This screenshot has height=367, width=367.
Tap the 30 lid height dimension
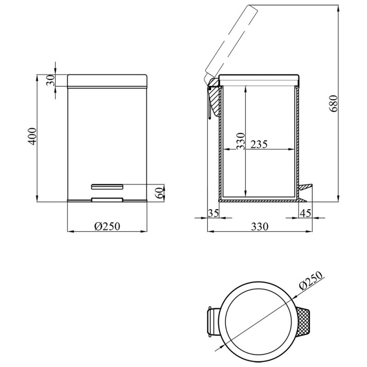coord(50,80)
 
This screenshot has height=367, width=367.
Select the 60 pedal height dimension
coord(160,193)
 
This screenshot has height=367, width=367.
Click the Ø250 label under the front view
coord(107,226)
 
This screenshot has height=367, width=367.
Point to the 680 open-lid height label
coord(334,104)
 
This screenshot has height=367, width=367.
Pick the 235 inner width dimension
coord(259,145)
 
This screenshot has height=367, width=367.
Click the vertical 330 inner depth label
coord(240,141)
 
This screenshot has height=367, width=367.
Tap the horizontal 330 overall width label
coord(260,226)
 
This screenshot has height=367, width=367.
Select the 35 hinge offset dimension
coord(213,213)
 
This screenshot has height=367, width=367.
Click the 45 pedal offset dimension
coord(306,213)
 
